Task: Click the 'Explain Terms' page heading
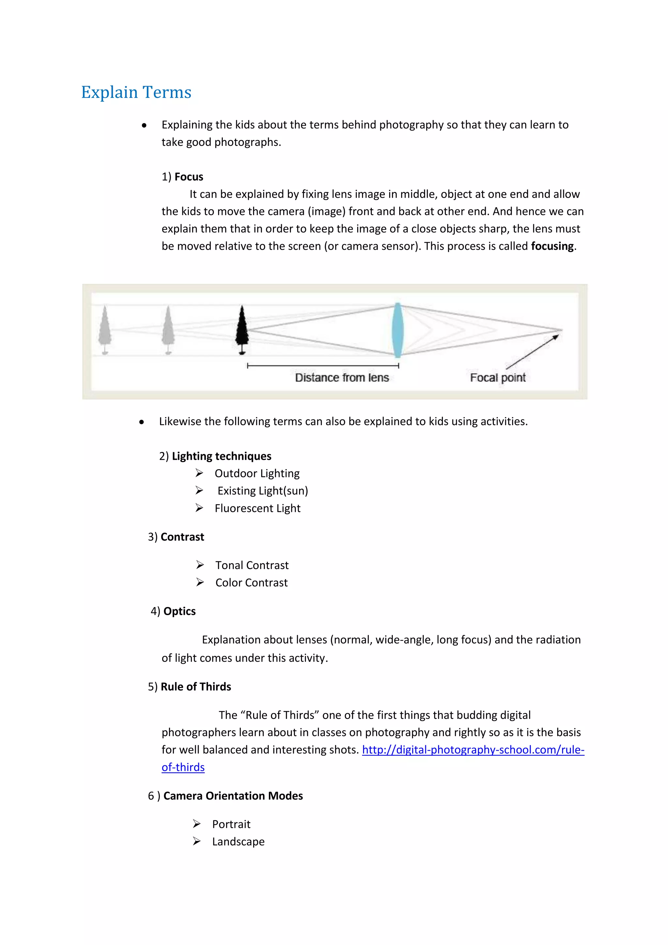point(136,92)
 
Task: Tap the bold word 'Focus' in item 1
point(189,177)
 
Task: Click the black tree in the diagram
point(242,329)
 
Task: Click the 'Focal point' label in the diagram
point(498,378)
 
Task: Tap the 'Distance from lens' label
point(342,378)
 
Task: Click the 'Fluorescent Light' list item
point(257,508)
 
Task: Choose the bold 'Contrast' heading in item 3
point(182,537)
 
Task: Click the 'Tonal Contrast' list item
point(252,565)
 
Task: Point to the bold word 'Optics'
point(179,611)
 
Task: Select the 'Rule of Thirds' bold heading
point(196,687)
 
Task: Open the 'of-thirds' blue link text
point(183,767)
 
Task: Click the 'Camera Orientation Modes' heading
point(233,796)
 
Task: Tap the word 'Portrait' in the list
point(231,824)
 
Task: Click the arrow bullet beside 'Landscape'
point(197,841)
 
